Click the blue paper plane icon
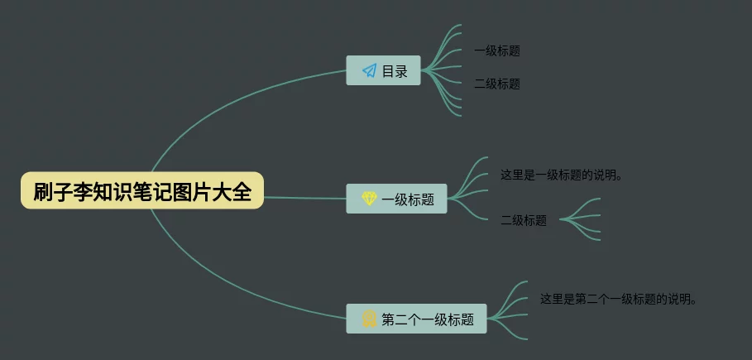[x=369, y=70]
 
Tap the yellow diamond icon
[x=369, y=199]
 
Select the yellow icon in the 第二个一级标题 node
[x=369, y=319]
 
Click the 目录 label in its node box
[x=395, y=71]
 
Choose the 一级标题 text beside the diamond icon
[x=408, y=199]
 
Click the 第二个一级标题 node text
[x=428, y=319]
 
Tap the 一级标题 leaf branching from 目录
[x=497, y=50]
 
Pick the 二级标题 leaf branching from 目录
[x=497, y=84]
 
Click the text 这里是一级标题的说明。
[x=561, y=175]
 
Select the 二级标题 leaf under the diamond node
[x=524, y=220]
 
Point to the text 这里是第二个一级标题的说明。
[x=618, y=298]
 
